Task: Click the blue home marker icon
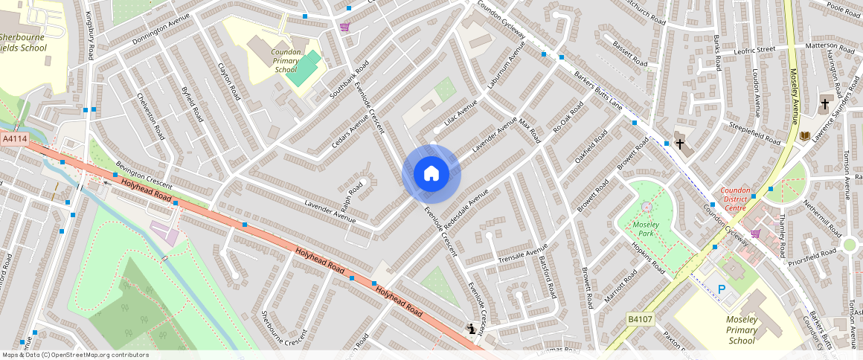[431, 174]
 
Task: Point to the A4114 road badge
[15, 139]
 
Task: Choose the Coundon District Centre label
[741, 199]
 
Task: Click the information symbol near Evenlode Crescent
[471, 328]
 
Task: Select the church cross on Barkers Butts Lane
[680, 143]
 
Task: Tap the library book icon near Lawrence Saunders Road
[804, 135]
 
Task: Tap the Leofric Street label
[754, 50]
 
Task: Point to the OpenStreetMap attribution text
[76, 355]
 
